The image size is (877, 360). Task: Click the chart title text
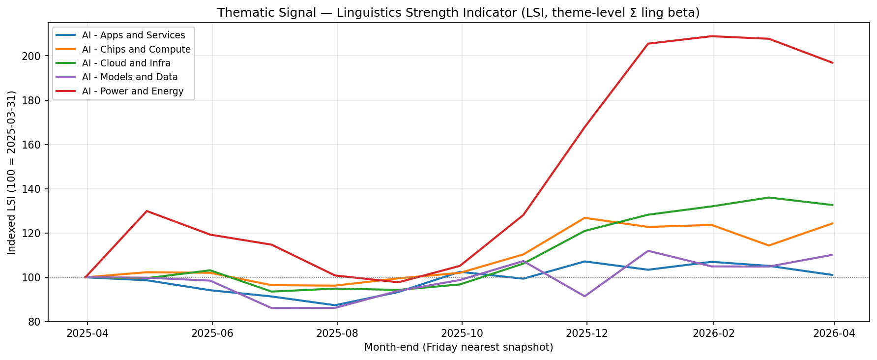458,13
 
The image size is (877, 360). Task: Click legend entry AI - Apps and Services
133,35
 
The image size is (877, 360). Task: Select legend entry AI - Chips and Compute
136,49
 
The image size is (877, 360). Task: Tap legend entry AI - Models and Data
130,77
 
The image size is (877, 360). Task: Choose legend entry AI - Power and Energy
133,91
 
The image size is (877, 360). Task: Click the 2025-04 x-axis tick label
87,333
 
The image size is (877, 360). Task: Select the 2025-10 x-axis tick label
462,333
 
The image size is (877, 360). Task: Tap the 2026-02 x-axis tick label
713,333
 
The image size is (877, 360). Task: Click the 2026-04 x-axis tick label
834,333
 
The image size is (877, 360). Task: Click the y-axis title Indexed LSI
12,172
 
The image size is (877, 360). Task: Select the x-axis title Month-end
458,347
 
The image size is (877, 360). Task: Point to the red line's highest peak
711,36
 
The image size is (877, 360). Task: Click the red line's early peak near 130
147,211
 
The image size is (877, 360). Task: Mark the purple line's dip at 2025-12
585,296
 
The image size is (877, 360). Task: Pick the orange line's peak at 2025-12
585,218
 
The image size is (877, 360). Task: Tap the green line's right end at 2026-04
833,205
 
